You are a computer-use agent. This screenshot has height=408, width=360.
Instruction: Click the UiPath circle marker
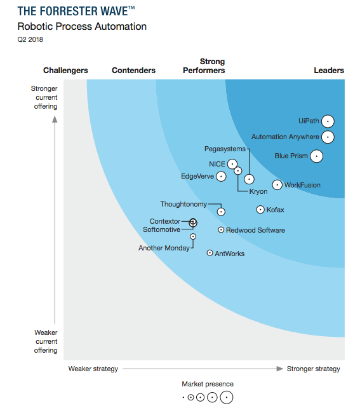click(328, 121)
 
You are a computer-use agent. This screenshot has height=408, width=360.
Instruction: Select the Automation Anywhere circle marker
click(328, 137)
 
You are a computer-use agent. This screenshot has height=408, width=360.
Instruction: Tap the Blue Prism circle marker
click(316, 156)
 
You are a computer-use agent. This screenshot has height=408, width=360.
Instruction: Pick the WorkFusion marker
click(277, 185)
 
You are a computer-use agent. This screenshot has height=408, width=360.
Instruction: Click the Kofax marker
click(260, 209)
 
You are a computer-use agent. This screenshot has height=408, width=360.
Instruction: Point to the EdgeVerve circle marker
click(221, 176)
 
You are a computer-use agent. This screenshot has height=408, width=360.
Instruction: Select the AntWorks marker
click(210, 253)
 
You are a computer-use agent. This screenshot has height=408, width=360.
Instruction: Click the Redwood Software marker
click(221, 230)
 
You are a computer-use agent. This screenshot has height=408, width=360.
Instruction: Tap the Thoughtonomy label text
click(183, 204)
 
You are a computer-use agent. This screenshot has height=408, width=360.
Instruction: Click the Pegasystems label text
click(225, 149)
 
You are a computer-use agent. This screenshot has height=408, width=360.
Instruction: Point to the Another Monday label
click(164, 248)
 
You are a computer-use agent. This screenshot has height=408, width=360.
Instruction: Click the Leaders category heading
click(329, 71)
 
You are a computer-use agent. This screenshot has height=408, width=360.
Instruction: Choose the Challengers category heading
click(65, 71)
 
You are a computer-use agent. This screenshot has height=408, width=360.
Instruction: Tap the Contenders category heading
click(133, 71)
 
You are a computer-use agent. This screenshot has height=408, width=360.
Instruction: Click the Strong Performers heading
click(212, 66)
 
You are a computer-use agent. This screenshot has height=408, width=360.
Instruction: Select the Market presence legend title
click(207, 384)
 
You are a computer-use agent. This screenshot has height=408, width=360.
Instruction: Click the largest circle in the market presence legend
click(225, 397)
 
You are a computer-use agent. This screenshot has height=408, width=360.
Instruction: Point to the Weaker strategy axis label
click(93, 369)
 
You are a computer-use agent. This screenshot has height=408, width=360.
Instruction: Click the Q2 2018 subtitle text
click(30, 40)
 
